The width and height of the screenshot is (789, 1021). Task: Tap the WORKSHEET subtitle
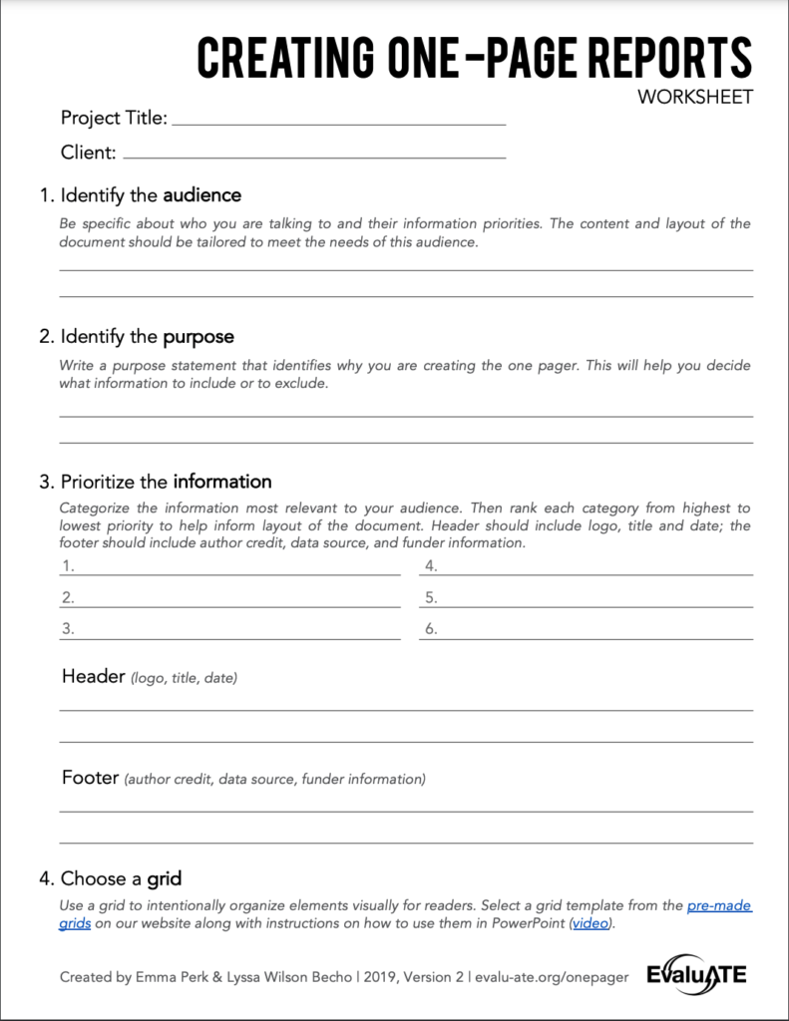[x=695, y=98]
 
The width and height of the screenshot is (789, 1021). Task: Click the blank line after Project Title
[x=339, y=123]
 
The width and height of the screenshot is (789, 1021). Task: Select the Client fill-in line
[x=313, y=157]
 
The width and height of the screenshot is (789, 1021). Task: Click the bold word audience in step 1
[x=201, y=195]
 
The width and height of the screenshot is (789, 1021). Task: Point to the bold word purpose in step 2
[x=198, y=337]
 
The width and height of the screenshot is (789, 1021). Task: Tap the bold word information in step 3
[x=221, y=482]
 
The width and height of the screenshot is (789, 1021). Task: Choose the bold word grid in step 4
[x=164, y=879]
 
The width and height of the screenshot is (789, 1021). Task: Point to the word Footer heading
[x=90, y=777]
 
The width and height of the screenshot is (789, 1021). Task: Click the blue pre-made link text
[x=718, y=906]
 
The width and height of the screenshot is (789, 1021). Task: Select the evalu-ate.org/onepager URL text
[x=550, y=977]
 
